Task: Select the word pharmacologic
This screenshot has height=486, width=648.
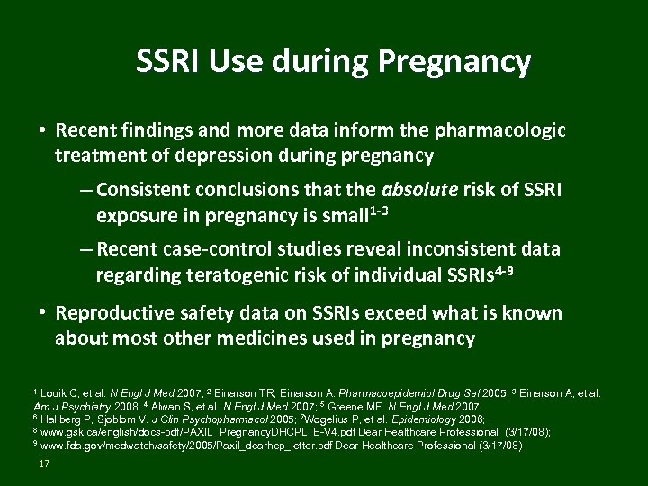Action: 500,131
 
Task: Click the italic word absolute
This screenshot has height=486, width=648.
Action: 420,190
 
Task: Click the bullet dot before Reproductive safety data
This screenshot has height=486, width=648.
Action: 42,312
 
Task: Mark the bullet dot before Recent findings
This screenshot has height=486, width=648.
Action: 42,130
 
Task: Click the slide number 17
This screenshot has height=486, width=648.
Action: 43,463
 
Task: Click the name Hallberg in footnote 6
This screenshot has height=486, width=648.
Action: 61,418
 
